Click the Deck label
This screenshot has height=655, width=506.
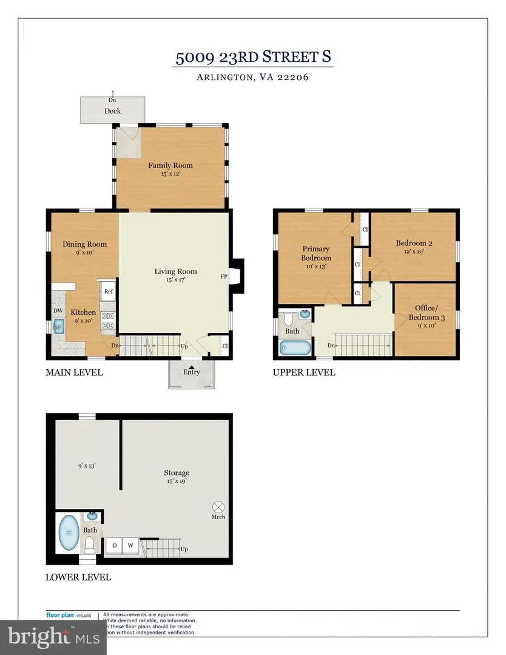pyautogui.click(x=112, y=111)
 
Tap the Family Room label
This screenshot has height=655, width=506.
pyautogui.click(x=170, y=165)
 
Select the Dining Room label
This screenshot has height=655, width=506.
pyautogui.click(x=84, y=244)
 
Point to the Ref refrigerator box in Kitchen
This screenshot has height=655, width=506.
pyautogui.click(x=109, y=291)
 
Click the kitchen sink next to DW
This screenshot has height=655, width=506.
pyautogui.click(x=59, y=327)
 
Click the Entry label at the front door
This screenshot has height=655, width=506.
pyautogui.click(x=192, y=373)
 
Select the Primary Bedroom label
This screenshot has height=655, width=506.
pyautogui.click(x=316, y=253)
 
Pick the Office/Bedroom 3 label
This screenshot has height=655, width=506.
pyautogui.click(x=426, y=312)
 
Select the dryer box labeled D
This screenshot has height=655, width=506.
pyautogui.click(x=115, y=546)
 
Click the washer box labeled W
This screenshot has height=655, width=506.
pyautogui.click(x=130, y=546)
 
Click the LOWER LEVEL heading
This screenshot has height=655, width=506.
pyautogui.click(x=78, y=577)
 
